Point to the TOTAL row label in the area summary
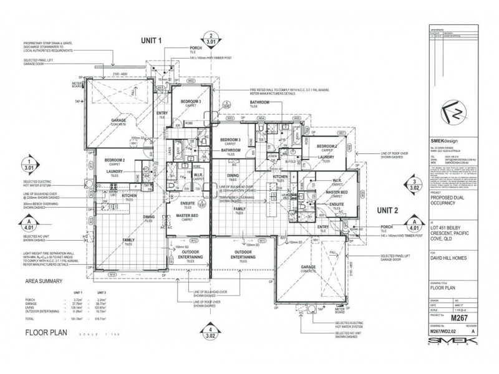[x=30, y=318]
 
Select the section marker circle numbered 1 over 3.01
[x=27, y=164]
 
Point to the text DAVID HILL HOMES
[x=445, y=257]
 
